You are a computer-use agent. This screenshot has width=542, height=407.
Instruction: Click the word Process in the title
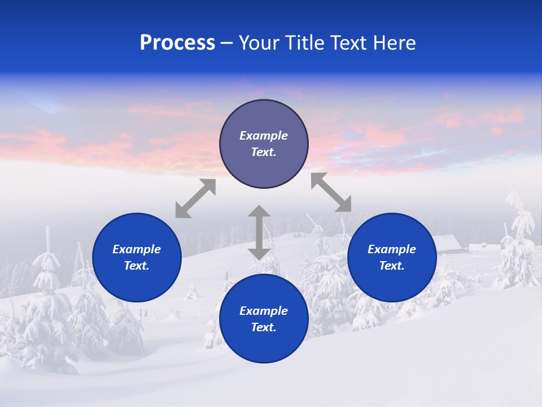click(177, 43)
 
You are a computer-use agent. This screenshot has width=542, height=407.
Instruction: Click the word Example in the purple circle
click(264, 136)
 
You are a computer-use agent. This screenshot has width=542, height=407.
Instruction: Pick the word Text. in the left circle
click(137, 266)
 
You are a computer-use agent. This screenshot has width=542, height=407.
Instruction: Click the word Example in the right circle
click(392, 249)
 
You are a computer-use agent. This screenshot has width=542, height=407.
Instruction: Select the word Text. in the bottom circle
click(264, 327)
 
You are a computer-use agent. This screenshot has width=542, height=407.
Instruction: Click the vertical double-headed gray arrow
click(259, 232)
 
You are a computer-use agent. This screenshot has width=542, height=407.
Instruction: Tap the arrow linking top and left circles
click(195, 198)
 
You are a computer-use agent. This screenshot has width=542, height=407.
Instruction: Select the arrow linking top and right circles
click(331, 192)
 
